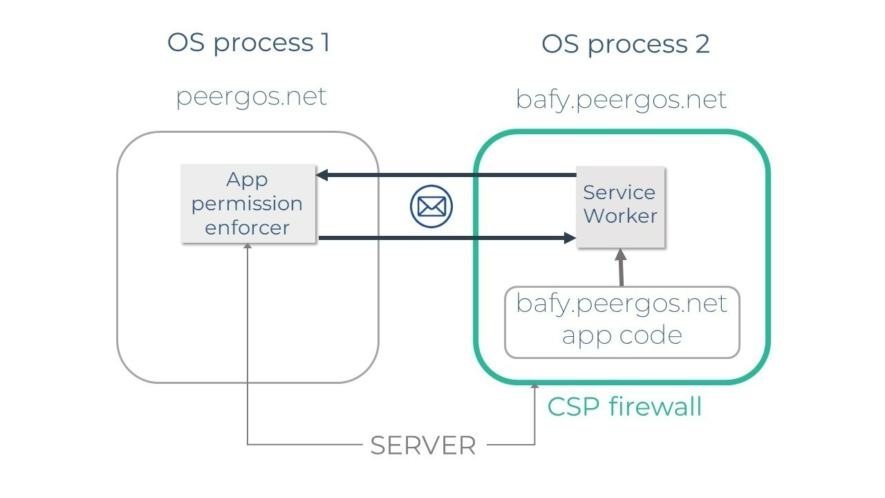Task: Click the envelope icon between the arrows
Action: tap(431, 206)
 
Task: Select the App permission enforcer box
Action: tap(248, 203)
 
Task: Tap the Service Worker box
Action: tap(620, 206)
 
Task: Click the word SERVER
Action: tap(423, 445)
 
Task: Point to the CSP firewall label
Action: tap(624, 407)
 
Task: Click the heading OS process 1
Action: tap(248, 43)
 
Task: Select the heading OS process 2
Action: tap(625, 44)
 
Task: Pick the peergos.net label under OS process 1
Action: tap(251, 96)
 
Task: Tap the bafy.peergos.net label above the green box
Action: tap(621, 99)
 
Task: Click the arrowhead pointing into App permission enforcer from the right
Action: tap(322, 175)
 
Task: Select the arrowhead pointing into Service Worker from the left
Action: tap(570, 238)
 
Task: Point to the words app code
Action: tap(622, 335)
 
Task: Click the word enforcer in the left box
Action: tap(248, 228)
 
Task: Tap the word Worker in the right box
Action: tap(620, 216)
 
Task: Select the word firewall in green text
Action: tap(655, 407)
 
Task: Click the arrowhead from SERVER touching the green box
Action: tap(534, 388)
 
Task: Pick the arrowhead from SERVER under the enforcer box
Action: tap(248, 247)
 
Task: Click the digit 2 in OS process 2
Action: tap(701, 44)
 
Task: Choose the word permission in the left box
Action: tap(248, 204)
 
